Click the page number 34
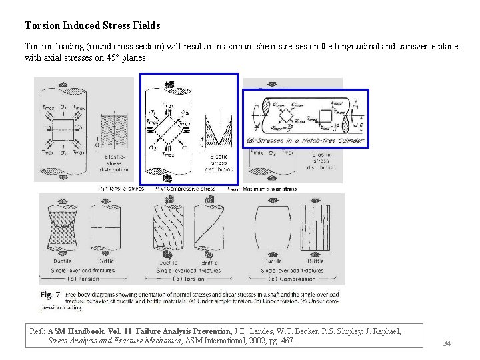click(x=447, y=343)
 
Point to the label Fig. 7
click(x=51, y=295)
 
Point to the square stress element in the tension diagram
click(x=63, y=126)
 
